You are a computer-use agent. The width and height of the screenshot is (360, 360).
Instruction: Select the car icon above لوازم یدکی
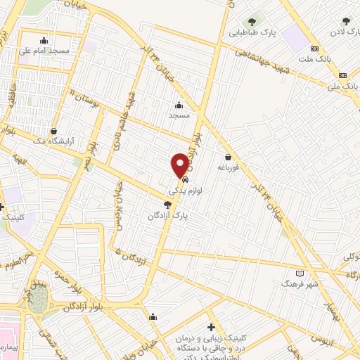[x=185, y=179]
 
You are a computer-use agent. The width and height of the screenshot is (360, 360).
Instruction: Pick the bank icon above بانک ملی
[x=342, y=75]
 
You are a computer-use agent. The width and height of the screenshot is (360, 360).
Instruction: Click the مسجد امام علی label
[x=44, y=51]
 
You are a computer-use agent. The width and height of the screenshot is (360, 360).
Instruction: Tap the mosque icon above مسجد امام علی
[x=45, y=40]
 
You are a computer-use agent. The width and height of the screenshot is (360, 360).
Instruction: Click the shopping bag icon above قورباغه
[x=229, y=157]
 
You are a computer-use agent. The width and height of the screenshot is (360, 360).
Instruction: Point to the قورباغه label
[x=229, y=167]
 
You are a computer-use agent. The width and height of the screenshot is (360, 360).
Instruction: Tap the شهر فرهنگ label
[x=300, y=284]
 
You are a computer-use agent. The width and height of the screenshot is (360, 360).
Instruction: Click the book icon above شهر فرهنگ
[x=301, y=273]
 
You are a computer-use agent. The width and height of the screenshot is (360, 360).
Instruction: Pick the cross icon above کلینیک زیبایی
[x=211, y=327]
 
